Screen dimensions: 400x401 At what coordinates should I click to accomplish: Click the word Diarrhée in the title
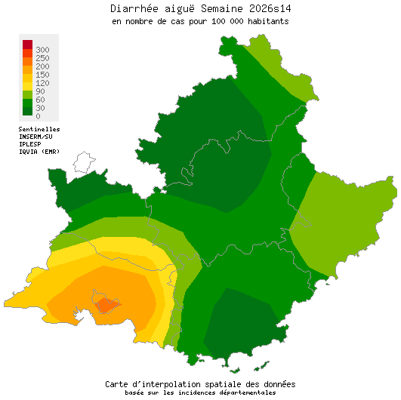[135, 8]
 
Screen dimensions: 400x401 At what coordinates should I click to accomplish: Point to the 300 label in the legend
[42, 49]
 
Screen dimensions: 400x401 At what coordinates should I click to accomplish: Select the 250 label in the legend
[42, 58]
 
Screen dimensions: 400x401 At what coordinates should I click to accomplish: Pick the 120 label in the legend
[42, 83]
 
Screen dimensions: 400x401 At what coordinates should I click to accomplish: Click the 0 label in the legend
[38, 116]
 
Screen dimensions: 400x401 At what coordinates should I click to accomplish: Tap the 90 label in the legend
[40, 91]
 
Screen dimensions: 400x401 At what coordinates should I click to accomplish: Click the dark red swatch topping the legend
[27, 44]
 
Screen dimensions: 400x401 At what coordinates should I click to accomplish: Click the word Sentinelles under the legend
[39, 129]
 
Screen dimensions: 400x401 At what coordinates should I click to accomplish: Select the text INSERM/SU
[36, 137]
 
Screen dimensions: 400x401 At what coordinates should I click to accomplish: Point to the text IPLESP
[30, 144]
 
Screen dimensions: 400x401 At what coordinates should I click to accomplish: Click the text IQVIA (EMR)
[39, 152]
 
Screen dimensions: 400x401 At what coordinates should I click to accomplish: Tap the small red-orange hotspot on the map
[106, 304]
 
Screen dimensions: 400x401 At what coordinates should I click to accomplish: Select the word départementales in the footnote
[246, 392]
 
